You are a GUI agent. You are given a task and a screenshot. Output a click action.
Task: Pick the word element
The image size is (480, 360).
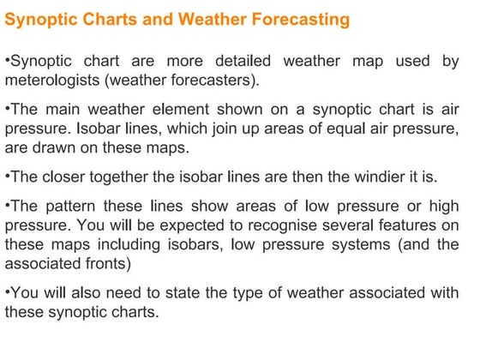tap(182, 111)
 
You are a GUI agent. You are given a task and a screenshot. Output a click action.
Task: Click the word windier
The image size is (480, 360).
tap(364, 177)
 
